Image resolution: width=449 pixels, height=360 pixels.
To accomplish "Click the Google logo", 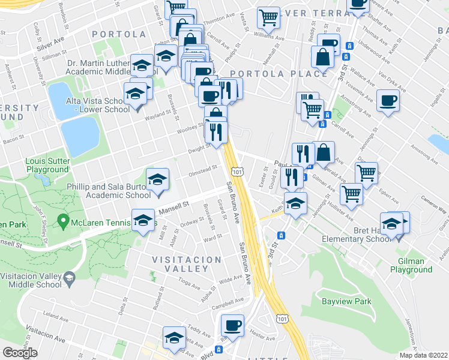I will (x=20, y=353).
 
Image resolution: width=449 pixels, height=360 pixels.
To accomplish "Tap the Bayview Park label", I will (x=346, y=301).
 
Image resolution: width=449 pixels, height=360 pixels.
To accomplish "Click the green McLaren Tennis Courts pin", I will (x=62, y=222).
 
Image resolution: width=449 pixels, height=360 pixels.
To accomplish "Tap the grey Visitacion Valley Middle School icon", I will (x=70, y=277).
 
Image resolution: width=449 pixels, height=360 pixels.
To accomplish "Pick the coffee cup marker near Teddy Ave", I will (x=232, y=326).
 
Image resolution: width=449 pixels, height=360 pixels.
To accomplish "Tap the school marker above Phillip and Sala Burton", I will (x=157, y=179).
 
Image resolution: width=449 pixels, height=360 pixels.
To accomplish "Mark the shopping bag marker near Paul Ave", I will (x=323, y=153).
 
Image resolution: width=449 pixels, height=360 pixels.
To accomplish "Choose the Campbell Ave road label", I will (x=231, y=299).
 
